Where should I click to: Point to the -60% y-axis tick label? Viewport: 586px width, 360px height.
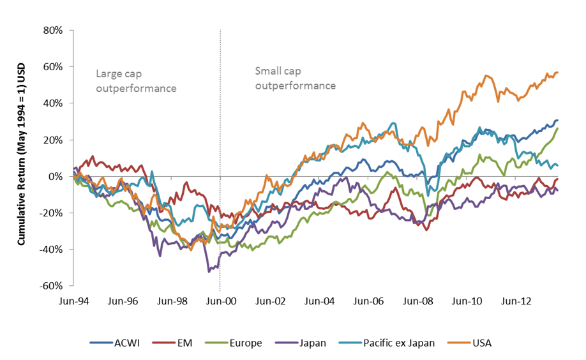[51, 285]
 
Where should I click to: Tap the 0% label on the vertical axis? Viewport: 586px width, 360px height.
[56, 176]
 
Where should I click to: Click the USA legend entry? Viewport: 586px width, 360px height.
[482, 343]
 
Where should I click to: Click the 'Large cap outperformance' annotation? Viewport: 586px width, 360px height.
[136, 81]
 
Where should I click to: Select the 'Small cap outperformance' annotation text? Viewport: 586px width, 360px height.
[296, 78]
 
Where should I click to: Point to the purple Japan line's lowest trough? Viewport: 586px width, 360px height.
[208, 272]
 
